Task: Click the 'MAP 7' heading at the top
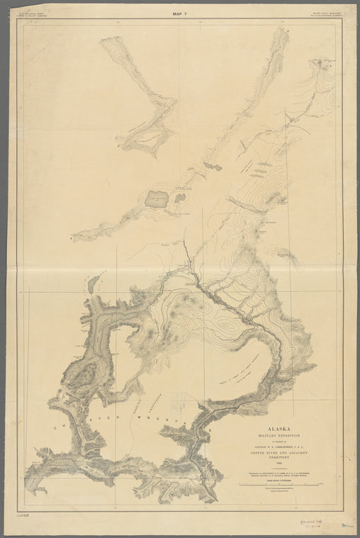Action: coord(179,13)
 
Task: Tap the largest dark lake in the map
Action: coord(155,199)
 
